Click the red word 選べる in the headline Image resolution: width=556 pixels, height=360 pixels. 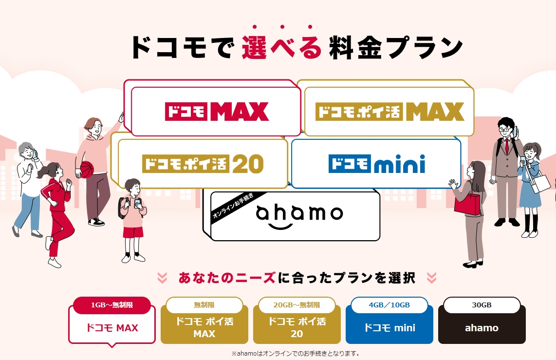[282, 47]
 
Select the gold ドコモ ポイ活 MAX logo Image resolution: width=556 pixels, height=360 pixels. [389, 112]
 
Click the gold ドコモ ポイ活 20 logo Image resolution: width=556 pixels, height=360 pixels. [203, 164]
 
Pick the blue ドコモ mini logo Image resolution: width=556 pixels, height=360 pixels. [376, 164]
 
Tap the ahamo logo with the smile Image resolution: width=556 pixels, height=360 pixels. [299, 216]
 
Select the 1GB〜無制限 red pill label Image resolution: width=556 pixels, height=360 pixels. [111, 305]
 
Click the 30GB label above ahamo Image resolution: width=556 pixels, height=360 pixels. [482, 305]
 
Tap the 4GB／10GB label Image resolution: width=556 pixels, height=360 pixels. [389, 305]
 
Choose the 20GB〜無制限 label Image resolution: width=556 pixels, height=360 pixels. [297, 305]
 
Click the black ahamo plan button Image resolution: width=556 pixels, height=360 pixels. [482, 324]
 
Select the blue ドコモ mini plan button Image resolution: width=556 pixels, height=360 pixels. [389, 324]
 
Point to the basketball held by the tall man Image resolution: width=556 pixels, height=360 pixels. [87, 169]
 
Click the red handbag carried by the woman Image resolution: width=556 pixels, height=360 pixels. [467, 204]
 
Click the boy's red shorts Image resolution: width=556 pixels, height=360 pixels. [133, 232]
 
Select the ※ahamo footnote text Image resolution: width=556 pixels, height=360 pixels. [296, 354]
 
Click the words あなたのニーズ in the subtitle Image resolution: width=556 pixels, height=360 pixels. [227, 278]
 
